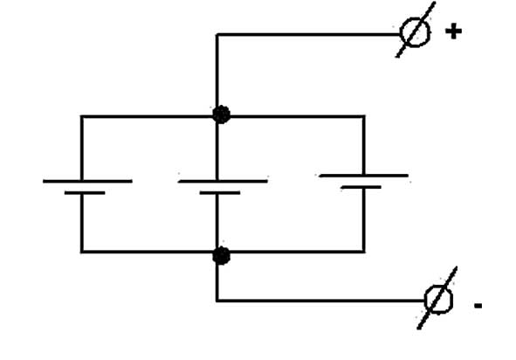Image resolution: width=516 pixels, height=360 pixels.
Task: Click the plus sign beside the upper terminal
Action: coord(453,31)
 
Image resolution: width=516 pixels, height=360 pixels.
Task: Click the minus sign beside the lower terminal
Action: coord(478,306)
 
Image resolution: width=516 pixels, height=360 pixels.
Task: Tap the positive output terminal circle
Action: coord(415,32)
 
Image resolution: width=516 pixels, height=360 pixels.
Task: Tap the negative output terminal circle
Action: coord(438,300)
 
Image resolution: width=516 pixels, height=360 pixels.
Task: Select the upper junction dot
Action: coord(221,114)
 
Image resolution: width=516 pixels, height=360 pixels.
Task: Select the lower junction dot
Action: coord(221,256)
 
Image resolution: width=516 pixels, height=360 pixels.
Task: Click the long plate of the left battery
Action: coord(87,181)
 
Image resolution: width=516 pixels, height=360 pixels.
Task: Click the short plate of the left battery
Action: coord(85,193)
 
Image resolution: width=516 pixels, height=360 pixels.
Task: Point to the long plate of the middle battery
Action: coord(223,181)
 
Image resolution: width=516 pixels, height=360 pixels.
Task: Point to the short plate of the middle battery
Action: coord(220,193)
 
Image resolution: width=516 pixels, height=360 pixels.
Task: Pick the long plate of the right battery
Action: coord(363,176)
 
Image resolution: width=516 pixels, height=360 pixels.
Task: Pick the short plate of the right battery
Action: coord(361,187)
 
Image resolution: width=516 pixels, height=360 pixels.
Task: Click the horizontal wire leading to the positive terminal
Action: coord(308,34)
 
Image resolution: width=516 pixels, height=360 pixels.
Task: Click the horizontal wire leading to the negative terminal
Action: coord(320,301)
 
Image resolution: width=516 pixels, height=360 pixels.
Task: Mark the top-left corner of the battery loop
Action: coord(81,116)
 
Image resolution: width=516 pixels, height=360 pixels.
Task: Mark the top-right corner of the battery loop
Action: coord(363,116)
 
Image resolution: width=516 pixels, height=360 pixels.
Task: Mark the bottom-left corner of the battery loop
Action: coord(81,252)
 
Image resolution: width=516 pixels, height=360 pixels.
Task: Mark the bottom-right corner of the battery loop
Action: coord(363,252)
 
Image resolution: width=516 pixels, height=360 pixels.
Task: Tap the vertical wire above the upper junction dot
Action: coord(217,70)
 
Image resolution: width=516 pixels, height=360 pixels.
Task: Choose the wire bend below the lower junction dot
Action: coord(217,301)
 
